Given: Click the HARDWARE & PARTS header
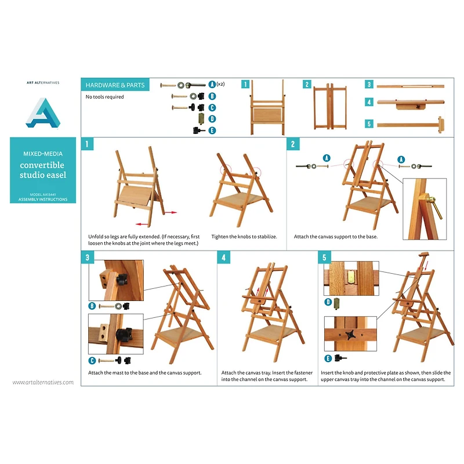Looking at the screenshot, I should pos(113,85).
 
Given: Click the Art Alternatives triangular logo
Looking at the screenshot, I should pos(43,113).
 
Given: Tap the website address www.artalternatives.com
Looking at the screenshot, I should pos(43,382).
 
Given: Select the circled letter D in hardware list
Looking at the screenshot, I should pos(212,119).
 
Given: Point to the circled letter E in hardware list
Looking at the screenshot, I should pos(212,130).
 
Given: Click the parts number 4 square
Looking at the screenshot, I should pos(369,102).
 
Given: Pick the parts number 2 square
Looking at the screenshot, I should pos(307,84).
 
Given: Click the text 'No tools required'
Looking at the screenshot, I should pos(105,97).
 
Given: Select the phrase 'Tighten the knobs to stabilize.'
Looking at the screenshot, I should pos(244,237).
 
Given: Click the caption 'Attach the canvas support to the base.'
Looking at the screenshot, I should pos(331,237).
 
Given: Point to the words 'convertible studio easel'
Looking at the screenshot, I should pos(43,170).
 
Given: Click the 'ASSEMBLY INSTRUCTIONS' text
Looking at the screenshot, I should pos(43,200).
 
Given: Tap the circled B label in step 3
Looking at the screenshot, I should pos(92,306).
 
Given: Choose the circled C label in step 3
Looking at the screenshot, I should pos(92,360).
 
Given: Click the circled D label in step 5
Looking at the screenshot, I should pos(328,302).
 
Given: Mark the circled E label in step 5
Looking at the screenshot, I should pos(328,358).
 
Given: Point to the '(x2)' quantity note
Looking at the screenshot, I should pos(221,84).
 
